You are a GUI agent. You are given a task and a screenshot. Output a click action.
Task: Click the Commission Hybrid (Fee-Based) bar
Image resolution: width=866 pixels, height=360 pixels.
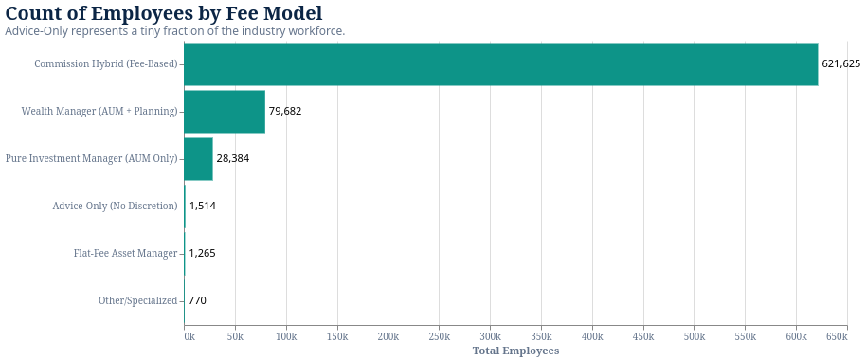point(500,64)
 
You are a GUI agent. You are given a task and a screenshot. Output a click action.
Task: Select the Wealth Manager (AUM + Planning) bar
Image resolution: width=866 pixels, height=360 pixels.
point(225,112)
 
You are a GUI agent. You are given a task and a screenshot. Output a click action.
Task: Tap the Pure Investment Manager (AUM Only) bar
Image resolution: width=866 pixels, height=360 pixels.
point(198,159)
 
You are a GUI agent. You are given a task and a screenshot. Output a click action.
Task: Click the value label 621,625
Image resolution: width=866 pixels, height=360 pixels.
point(840,64)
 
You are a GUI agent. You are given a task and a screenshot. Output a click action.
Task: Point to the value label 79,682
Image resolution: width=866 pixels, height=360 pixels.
point(284,112)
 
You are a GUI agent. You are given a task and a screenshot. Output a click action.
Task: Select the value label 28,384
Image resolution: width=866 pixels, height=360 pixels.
point(232,159)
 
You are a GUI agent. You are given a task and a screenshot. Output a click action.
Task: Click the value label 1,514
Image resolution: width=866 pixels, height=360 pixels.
point(202,207)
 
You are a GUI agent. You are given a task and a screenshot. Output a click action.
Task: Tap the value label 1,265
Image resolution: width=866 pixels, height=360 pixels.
point(202,254)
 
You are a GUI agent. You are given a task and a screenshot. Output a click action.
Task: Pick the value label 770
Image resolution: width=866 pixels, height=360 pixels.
point(197,301)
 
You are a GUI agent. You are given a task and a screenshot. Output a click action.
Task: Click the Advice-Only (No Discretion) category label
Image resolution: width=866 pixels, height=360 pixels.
point(115,207)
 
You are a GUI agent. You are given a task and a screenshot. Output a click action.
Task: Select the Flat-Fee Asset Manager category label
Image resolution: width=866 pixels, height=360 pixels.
point(125,254)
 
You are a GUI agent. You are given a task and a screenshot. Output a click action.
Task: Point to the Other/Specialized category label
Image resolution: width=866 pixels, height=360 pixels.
point(137,301)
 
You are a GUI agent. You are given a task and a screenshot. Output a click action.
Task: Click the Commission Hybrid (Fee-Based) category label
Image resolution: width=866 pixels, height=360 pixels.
point(105,64)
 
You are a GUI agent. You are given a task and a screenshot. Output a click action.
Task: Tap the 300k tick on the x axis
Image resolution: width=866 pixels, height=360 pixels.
point(490,337)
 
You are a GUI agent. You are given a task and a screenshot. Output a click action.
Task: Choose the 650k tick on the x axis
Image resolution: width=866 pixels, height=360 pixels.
point(837,337)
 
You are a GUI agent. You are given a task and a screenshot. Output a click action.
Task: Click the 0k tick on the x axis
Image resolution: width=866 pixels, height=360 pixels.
point(189,337)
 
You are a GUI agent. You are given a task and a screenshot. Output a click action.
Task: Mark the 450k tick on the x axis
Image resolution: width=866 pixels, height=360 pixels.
point(642,337)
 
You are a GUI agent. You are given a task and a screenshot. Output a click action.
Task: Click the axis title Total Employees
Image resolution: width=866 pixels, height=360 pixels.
point(515,351)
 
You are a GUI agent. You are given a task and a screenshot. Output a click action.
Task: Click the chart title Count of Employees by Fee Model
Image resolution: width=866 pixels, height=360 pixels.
point(164,14)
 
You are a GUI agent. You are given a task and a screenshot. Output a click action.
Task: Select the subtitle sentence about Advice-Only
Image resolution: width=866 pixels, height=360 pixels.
point(175,31)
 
